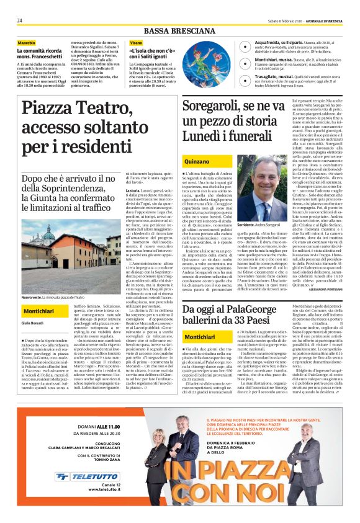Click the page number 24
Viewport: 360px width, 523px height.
pos(20,20)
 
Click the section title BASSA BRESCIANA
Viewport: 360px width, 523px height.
pos(179,31)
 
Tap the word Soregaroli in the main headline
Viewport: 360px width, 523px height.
pos(214,112)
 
